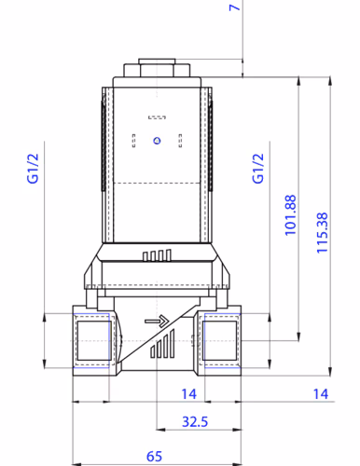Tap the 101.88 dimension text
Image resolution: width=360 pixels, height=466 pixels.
click(x=290, y=214)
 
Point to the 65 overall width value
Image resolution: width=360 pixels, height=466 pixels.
click(x=156, y=457)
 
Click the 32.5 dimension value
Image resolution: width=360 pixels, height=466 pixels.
click(x=194, y=422)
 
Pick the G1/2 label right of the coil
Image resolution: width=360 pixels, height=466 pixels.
click(x=258, y=168)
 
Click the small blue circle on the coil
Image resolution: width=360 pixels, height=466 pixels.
click(x=156, y=141)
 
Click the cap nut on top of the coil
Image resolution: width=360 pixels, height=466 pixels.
click(x=156, y=70)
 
